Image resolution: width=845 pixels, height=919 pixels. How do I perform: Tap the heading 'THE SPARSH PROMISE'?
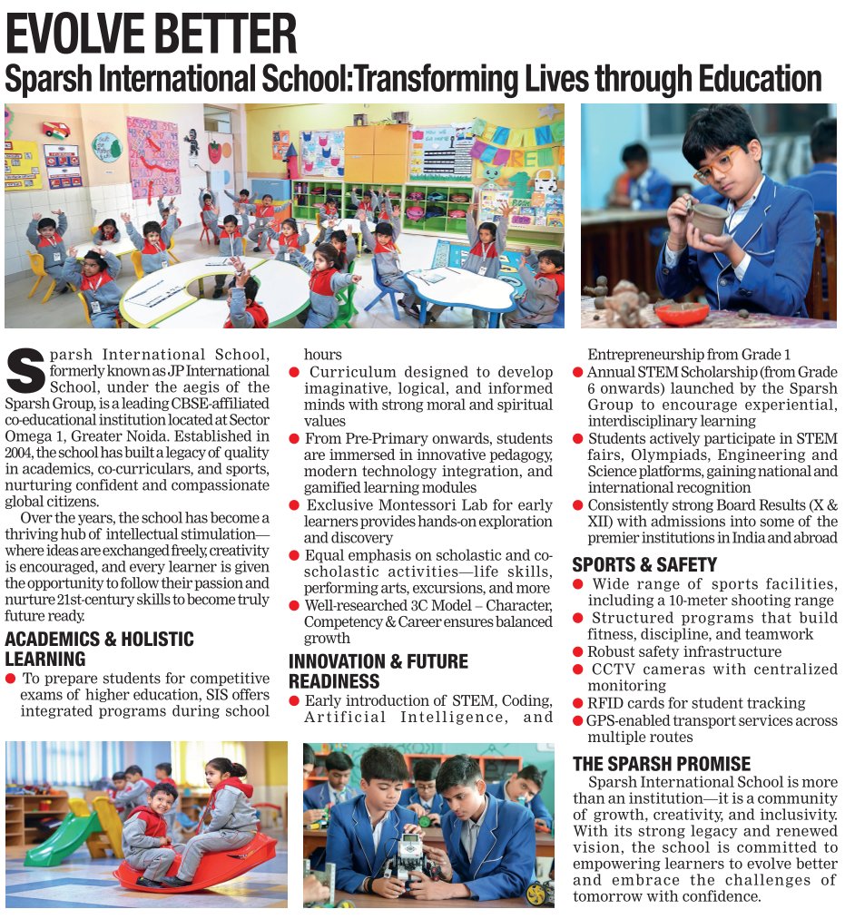pyautogui.click(x=662, y=763)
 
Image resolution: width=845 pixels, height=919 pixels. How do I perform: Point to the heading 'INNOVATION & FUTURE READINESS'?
pyautogui.click(x=378, y=671)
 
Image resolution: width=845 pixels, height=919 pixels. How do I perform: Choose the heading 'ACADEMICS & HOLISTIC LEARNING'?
pyautogui.click(x=99, y=649)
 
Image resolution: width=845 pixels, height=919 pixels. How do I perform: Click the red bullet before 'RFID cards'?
pyautogui.click(x=578, y=703)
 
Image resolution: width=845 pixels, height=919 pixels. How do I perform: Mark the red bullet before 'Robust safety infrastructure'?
pyautogui.click(x=578, y=652)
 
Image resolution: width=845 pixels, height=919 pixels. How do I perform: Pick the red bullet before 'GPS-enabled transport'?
pyautogui.click(x=578, y=720)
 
